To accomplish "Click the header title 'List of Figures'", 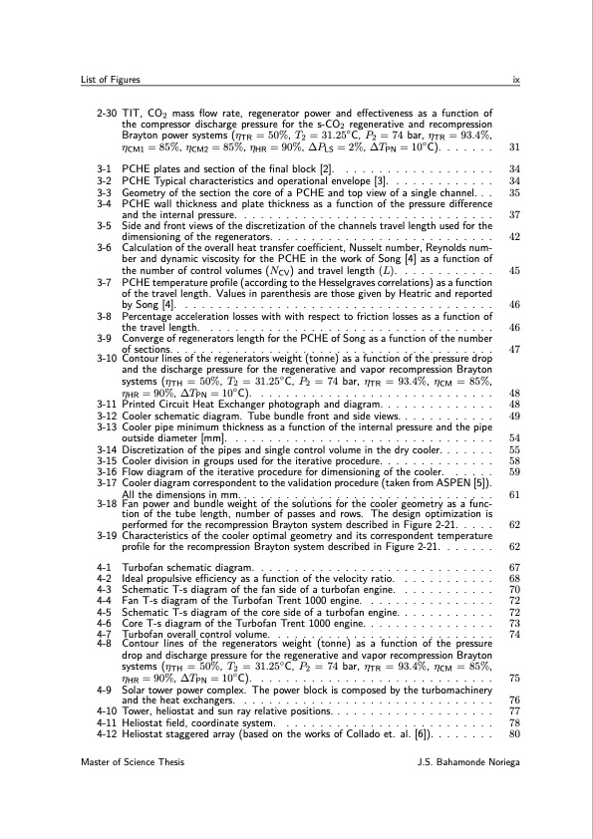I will click(x=113, y=79).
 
